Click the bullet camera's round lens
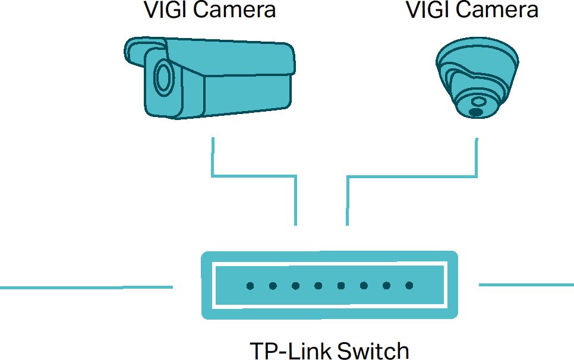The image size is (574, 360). pyautogui.click(x=162, y=77)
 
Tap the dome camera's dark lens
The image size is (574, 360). pyautogui.click(x=475, y=112)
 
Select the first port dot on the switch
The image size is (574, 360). pyautogui.click(x=250, y=286)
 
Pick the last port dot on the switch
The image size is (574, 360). pyautogui.click(x=409, y=286)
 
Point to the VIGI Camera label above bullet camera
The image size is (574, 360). pyautogui.click(x=210, y=10)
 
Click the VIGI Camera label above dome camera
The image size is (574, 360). pyautogui.click(x=472, y=10)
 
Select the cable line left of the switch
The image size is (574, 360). pyautogui.click(x=86, y=288)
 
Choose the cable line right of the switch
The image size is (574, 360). pyautogui.click(x=526, y=285)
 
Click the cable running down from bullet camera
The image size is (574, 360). pyautogui.click(x=213, y=158)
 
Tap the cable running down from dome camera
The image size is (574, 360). pyautogui.click(x=476, y=158)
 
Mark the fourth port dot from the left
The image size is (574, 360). pyautogui.click(x=318, y=286)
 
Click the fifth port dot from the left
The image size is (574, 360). pyautogui.click(x=341, y=286)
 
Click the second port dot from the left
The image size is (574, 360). pyautogui.click(x=273, y=286)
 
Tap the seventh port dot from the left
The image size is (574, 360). pyautogui.click(x=386, y=286)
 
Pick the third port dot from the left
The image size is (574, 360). pyautogui.click(x=295, y=286)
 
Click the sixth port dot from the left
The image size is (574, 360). pyautogui.click(x=364, y=286)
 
